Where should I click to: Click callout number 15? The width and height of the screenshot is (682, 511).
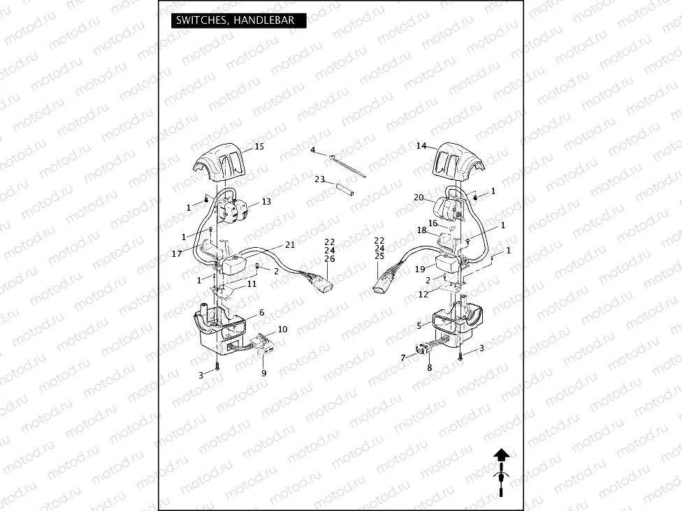point(259,147)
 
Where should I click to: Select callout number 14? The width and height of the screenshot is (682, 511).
point(421,146)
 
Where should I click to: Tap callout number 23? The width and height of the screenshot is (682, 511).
point(319,179)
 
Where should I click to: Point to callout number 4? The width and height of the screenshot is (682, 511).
point(313,151)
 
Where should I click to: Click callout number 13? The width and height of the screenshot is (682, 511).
point(266,202)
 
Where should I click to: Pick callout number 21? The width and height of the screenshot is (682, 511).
point(290,245)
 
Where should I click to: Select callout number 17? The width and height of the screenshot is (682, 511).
point(177,254)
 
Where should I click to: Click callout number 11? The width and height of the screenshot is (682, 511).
point(252,284)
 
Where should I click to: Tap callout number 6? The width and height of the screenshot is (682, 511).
point(261,313)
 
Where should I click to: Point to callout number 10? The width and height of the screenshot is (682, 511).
point(282,329)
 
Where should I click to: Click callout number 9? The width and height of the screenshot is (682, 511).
point(264,373)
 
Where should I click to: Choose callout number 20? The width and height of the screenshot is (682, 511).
point(419,198)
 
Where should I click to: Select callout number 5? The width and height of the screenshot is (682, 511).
point(419,325)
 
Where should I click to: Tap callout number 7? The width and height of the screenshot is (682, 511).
point(402,358)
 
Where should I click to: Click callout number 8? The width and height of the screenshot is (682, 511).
point(430,367)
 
